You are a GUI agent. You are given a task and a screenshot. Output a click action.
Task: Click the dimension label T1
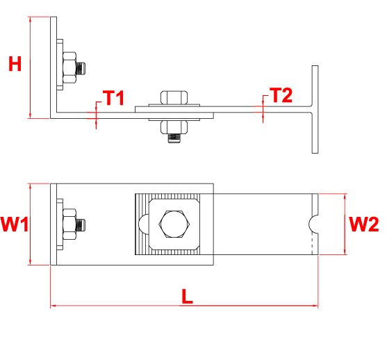point(113,97)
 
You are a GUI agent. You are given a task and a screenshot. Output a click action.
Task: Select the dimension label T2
point(281,95)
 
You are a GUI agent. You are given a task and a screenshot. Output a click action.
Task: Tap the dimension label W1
point(14,224)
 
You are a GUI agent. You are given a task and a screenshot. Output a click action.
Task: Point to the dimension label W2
point(363,224)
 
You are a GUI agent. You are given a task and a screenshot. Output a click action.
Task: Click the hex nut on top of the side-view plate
point(174,97)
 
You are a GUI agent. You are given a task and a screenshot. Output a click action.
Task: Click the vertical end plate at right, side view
point(315,110)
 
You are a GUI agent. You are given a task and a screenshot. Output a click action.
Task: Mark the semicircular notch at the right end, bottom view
point(313,222)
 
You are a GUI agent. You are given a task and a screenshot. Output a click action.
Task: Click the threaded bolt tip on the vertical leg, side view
point(83,67)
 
